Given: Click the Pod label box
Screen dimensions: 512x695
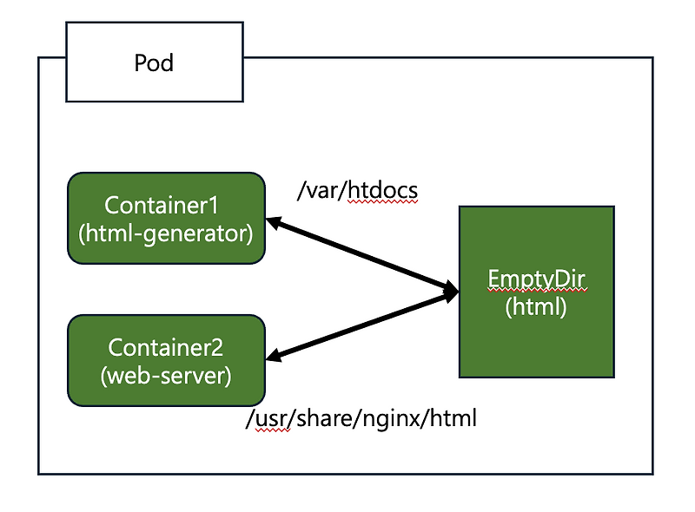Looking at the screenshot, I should click(155, 62).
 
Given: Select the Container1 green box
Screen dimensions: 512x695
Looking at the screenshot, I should click(166, 218).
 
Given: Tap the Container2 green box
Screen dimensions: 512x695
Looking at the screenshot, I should click(166, 360).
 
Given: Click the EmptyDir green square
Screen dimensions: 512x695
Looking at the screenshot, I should click(536, 292).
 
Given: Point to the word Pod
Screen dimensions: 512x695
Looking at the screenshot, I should click(154, 62).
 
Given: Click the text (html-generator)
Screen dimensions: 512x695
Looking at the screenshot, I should click(166, 233).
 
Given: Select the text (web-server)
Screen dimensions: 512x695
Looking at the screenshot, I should click(166, 376).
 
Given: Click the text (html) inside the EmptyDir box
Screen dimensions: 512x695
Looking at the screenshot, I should click(536, 306).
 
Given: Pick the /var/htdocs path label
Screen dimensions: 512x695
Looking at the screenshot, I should click(358, 191).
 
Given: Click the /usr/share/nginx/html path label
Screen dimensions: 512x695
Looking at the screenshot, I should click(361, 419).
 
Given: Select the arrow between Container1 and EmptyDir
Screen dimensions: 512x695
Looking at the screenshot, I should click(361, 256).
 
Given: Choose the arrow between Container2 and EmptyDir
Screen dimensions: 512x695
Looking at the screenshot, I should click(361, 325).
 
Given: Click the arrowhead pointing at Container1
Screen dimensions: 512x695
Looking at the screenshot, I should click(274, 223).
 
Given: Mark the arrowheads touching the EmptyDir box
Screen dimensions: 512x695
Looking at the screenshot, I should click(450, 292).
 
